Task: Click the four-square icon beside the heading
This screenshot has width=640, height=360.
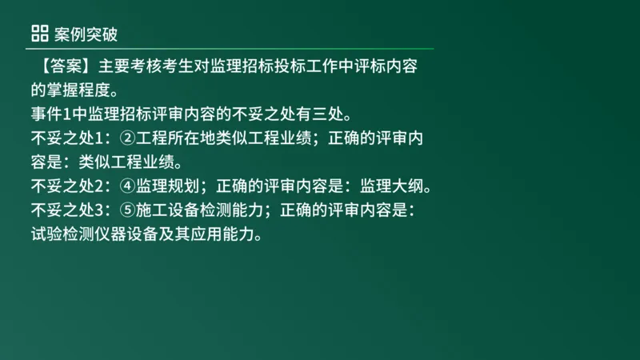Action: click(39, 33)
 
